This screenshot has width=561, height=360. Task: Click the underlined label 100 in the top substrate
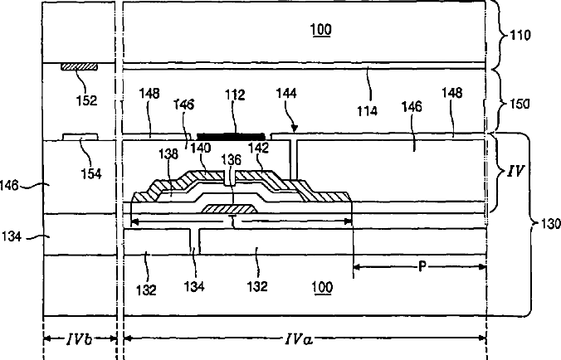click(x=321, y=31)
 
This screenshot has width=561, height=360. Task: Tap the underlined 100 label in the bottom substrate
click(x=321, y=287)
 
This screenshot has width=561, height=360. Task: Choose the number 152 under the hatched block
click(x=85, y=101)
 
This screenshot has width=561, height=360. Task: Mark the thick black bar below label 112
click(x=230, y=134)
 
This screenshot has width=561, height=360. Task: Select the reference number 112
click(x=236, y=97)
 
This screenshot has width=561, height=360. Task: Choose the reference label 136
click(x=232, y=158)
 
